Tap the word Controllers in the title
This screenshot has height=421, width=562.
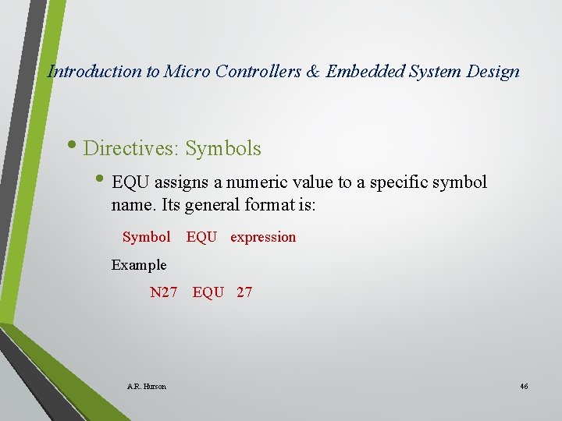[x=254, y=72]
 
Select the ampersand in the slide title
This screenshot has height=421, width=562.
[x=313, y=72]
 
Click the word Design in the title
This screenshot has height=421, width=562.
[x=493, y=72]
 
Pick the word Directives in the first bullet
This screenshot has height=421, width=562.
[x=130, y=148]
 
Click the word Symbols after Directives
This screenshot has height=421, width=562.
[x=223, y=148]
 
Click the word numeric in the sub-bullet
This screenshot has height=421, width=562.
[x=257, y=182]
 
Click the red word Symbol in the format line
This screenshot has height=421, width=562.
[x=146, y=237]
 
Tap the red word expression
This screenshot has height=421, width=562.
[x=263, y=237]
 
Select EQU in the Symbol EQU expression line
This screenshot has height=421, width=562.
[x=201, y=237]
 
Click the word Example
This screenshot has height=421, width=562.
[x=139, y=265]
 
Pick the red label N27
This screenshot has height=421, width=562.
[x=164, y=292]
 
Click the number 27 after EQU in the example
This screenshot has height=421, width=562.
[x=244, y=292]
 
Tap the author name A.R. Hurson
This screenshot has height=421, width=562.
[x=146, y=387]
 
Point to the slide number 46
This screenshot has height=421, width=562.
[x=524, y=387]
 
